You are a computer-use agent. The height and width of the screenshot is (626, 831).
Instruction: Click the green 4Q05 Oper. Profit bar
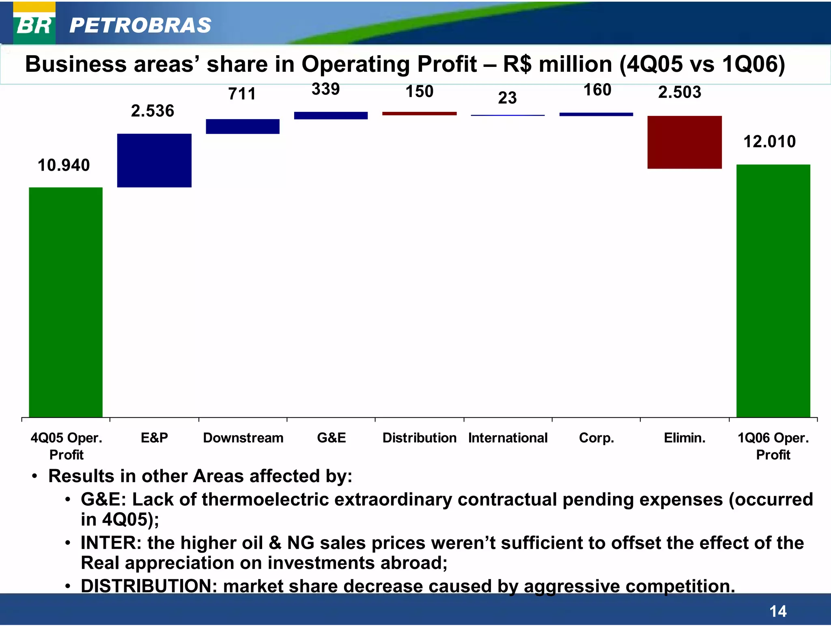(x=66, y=302)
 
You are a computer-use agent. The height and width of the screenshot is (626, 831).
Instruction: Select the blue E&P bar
(x=154, y=161)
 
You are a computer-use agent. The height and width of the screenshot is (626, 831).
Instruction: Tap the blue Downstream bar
(x=243, y=126)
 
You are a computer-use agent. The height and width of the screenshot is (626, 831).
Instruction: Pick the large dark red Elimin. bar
(x=685, y=142)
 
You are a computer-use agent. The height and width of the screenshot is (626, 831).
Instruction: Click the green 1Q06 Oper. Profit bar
(x=773, y=291)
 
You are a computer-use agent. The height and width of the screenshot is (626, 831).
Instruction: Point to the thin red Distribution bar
(x=419, y=114)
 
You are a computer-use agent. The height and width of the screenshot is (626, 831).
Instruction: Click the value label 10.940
(x=64, y=165)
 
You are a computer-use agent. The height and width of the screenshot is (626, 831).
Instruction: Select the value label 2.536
(x=153, y=111)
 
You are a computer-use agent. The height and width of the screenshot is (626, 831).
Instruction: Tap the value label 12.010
(x=769, y=142)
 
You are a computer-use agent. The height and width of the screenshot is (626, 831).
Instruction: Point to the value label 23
(x=507, y=98)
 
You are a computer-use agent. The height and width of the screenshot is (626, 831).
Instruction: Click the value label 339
(x=325, y=89)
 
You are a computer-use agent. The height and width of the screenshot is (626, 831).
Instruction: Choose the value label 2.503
(x=680, y=92)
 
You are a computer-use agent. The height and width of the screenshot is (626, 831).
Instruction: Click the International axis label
(x=508, y=438)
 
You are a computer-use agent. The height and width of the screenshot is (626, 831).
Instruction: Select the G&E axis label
(x=332, y=438)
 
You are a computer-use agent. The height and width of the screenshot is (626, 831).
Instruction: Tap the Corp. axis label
(x=596, y=438)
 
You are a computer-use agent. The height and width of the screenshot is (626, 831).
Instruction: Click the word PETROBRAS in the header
(x=140, y=26)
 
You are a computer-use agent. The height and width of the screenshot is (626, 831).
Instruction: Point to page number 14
(x=778, y=611)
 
